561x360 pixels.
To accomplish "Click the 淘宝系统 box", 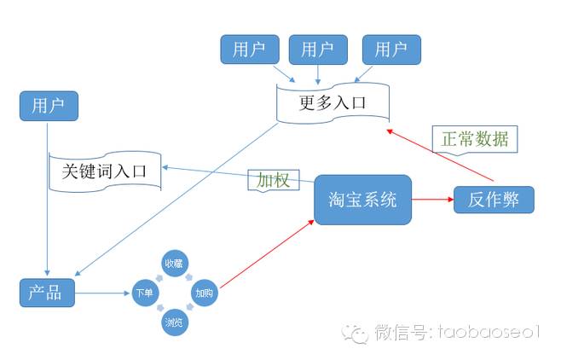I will (x=363, y=200).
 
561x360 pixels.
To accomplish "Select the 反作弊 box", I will (x=494, y=200).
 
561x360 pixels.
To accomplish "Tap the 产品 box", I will (x=47, y=293).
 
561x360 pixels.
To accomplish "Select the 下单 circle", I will (x=144, y=293).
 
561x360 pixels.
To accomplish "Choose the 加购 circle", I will (x=204, y=293).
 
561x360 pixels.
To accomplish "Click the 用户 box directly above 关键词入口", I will (x=49, y=107).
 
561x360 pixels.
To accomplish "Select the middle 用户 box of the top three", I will (x=316, y=49).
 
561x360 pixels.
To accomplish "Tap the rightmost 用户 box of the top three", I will (x=390, y=49).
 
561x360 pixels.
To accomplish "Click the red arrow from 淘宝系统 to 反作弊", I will (x=432, y=201).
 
